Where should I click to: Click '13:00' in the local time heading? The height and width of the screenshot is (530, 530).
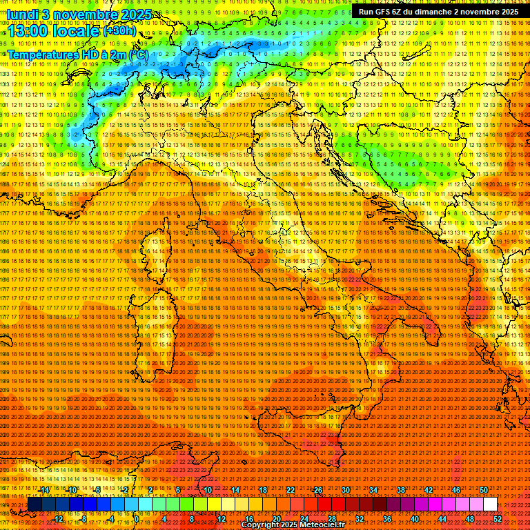pos(25,31)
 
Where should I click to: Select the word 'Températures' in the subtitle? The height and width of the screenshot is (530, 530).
pos(42,54)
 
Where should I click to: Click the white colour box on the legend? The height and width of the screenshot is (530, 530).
pos(490,504)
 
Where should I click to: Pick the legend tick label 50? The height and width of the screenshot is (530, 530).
pos(484,489)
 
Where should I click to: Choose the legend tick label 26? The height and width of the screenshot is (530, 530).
pos(318,489)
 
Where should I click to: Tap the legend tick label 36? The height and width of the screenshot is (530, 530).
pos(386,519)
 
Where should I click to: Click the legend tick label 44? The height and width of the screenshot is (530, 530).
pos(442,519)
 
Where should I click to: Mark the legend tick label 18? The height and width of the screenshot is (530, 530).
pos(262,489)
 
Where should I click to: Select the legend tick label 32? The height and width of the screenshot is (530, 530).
pos(359,519)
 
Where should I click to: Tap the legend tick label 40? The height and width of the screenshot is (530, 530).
pos(414,519)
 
